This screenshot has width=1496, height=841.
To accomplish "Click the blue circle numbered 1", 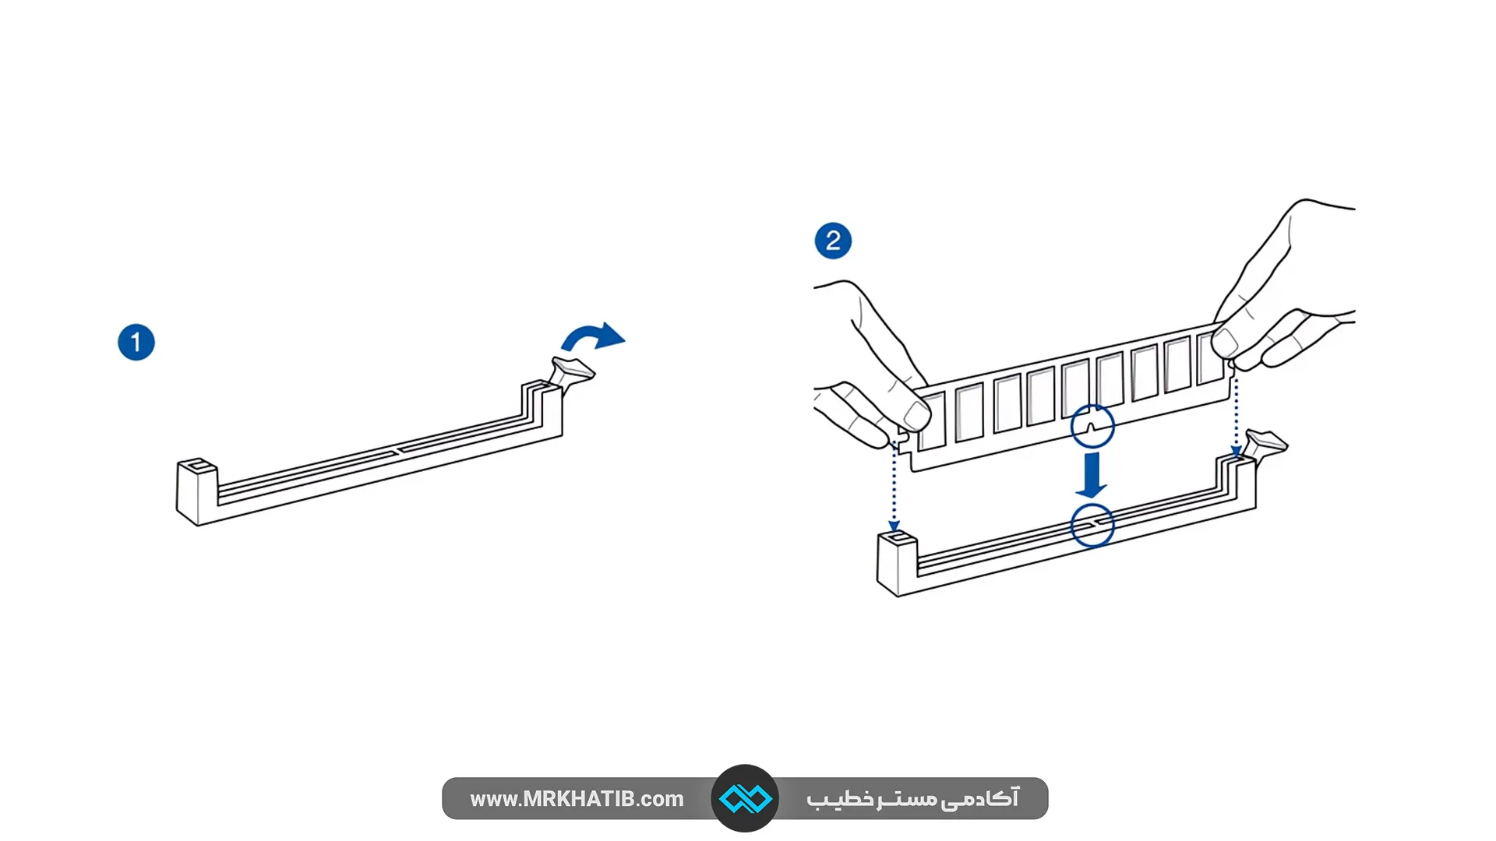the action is point(136,343).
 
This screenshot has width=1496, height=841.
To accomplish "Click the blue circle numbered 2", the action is point(833,241).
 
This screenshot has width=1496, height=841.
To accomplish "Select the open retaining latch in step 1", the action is point(572,375).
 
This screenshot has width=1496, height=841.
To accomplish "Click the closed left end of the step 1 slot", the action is point(196,491).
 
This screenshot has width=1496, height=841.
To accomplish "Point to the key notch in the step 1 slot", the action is point(399,450).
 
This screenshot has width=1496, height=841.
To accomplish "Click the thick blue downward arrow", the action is point(1092,475).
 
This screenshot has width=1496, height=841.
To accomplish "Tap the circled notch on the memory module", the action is point(1092,426).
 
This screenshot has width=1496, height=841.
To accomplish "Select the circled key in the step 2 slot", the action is point(1092,526).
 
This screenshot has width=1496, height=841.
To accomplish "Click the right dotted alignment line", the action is point(1236,413).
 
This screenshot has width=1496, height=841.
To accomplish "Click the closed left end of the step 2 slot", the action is point(898,562).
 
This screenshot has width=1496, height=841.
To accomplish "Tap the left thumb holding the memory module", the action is point(912,413).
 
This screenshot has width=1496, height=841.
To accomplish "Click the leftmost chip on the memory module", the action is point(932,420).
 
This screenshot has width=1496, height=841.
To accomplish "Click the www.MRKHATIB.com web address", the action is point(577,799).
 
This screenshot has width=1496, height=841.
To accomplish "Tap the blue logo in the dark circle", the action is point(745,799).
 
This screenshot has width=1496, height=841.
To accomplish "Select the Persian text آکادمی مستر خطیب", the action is point(912,799).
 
